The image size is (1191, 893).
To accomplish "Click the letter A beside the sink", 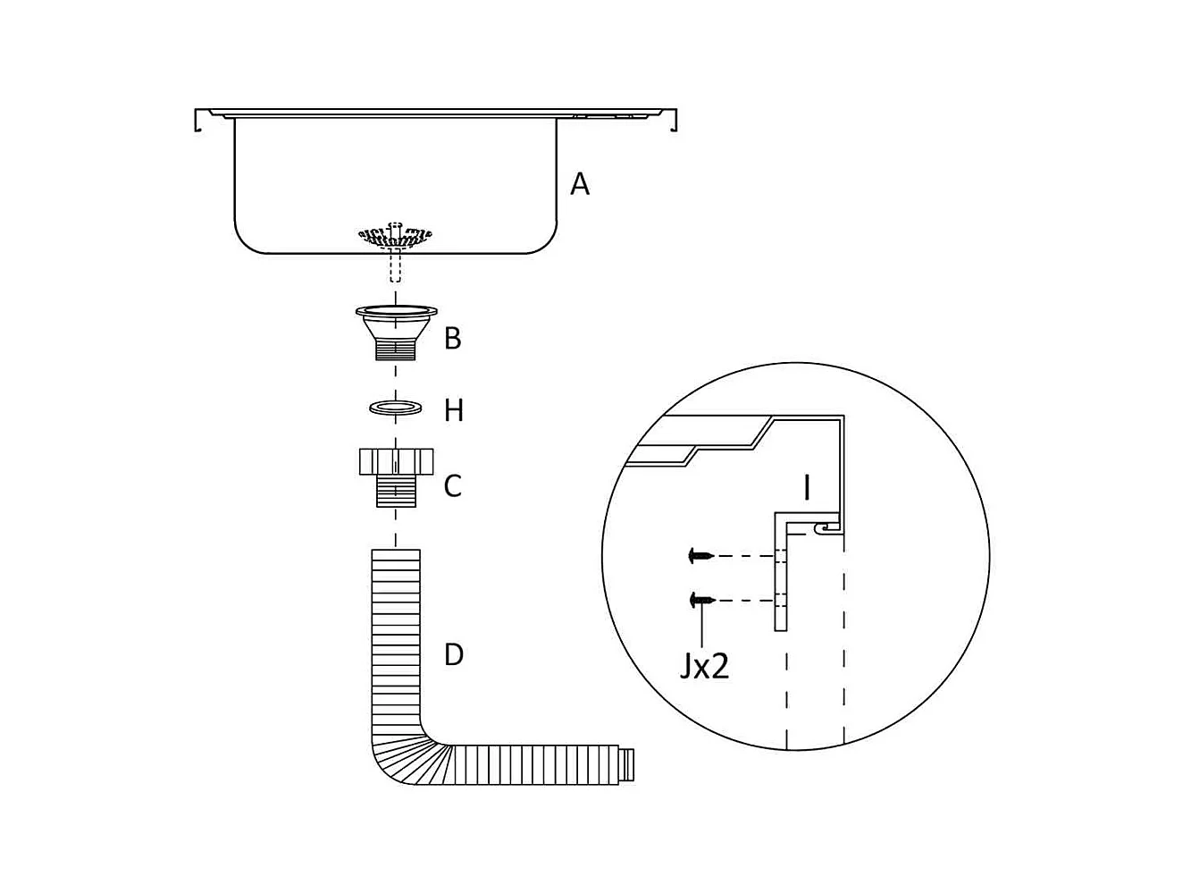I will coord(580,184).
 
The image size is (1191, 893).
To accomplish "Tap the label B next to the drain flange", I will coord(453,339).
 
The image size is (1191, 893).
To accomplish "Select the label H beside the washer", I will coord(454,410).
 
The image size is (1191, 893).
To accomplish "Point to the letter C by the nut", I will coord(453,486).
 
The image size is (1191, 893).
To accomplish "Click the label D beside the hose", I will coord(454,654).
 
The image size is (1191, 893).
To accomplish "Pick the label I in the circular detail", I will coord(807,488).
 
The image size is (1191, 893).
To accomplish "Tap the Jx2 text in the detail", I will coord(704,666).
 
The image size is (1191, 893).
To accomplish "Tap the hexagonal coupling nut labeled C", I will coord(396,461).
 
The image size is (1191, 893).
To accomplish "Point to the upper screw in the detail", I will coord(700,556).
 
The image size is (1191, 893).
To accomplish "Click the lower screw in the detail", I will coord(700,601).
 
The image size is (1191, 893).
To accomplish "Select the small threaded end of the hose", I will coord(629,766).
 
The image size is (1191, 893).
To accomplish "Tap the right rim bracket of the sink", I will coord(673,120).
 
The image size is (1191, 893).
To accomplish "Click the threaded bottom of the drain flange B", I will coord(396,348).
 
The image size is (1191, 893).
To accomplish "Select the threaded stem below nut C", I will coord(396,492).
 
